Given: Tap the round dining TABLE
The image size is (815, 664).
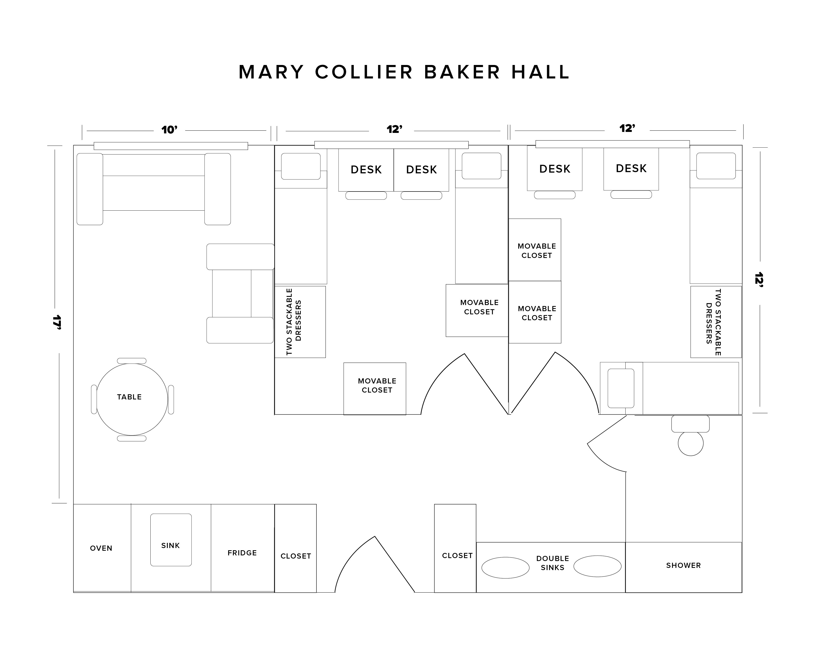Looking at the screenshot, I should coord(132,399).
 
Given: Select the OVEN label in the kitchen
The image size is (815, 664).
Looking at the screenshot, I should coord(101,548).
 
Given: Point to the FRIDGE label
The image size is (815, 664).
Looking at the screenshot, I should coord(242,553).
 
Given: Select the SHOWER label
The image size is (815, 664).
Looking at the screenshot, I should coord(683,565).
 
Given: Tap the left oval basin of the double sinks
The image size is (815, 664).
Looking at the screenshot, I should coord(505,568).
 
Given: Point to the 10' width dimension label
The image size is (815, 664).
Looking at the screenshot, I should coord(169,130).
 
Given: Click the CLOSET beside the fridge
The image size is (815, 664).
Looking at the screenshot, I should coord(295,556).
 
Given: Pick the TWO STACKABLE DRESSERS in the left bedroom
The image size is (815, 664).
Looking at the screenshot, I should coord(300,322).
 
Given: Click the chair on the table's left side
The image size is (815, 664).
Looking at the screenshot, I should coord(94,399).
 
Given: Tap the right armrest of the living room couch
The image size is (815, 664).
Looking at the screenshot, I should coord(217,189).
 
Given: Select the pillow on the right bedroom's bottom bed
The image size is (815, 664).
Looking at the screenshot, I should coord(621,388).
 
